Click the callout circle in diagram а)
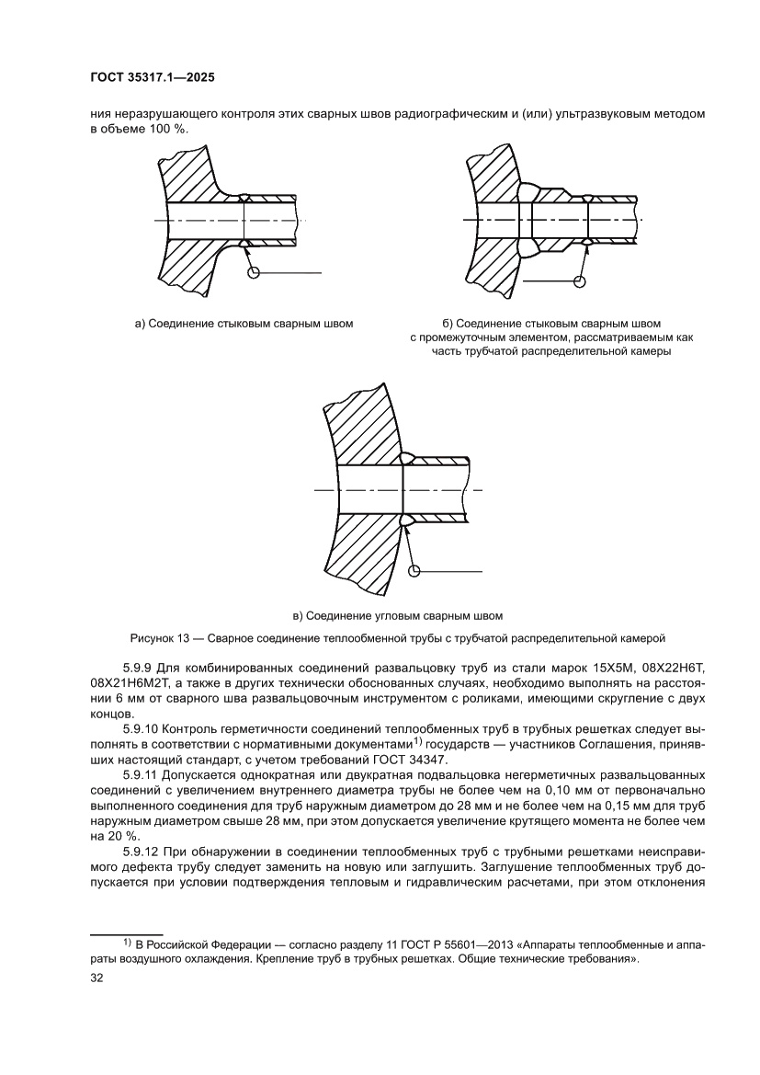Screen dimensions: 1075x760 [x=255, y=272]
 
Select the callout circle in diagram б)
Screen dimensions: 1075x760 [x=579, y=280]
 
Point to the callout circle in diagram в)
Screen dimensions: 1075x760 [x=414, y=571]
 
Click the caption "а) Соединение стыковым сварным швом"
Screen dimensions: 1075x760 [x=244, y=324]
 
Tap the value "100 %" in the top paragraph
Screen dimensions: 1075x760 [x=166, y=130]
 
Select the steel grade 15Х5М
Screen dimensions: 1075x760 [x=571, y=666]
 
